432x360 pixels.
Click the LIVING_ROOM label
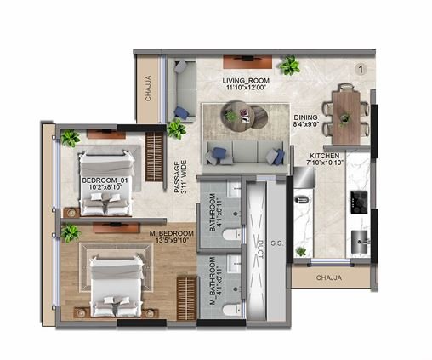point(245,82)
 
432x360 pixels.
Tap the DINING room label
point(305,118)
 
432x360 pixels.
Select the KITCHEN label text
point(324,156)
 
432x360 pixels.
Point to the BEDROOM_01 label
point(105,180)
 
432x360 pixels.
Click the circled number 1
point(361,68)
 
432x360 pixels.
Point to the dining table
point(346,107)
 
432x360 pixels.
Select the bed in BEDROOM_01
point(104,183)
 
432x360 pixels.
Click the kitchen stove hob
point(358,203)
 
